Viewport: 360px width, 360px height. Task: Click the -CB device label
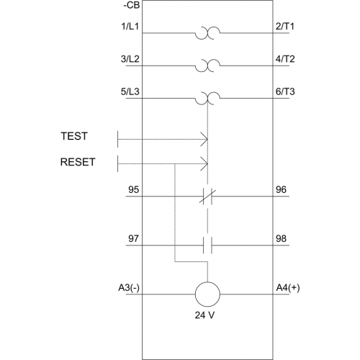pos(132,5)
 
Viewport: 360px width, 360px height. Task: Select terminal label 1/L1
pos(130,27)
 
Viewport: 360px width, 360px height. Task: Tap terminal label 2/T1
pos(285,27)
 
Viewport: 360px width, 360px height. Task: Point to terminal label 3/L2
pos(130,59)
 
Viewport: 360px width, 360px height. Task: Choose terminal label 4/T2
pos(285,59)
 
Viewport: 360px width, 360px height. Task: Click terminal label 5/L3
pos(130,91)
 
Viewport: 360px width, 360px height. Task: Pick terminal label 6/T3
pos(285,91)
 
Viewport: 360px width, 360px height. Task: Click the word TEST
pos(74,136)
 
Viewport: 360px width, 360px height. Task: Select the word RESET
pos(78,162)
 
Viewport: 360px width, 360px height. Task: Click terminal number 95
pos(133,189)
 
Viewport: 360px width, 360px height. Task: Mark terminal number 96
pos(281,189)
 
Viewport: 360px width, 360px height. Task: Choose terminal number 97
pos(133,238)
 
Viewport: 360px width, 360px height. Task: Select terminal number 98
pos(281,238)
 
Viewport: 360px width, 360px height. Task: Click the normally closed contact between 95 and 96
pos(207,197)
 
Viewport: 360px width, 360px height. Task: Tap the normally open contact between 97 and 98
pos(207,246)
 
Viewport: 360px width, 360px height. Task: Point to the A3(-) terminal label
pos(129,287)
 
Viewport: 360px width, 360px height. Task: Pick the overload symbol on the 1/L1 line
pos(207,33)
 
